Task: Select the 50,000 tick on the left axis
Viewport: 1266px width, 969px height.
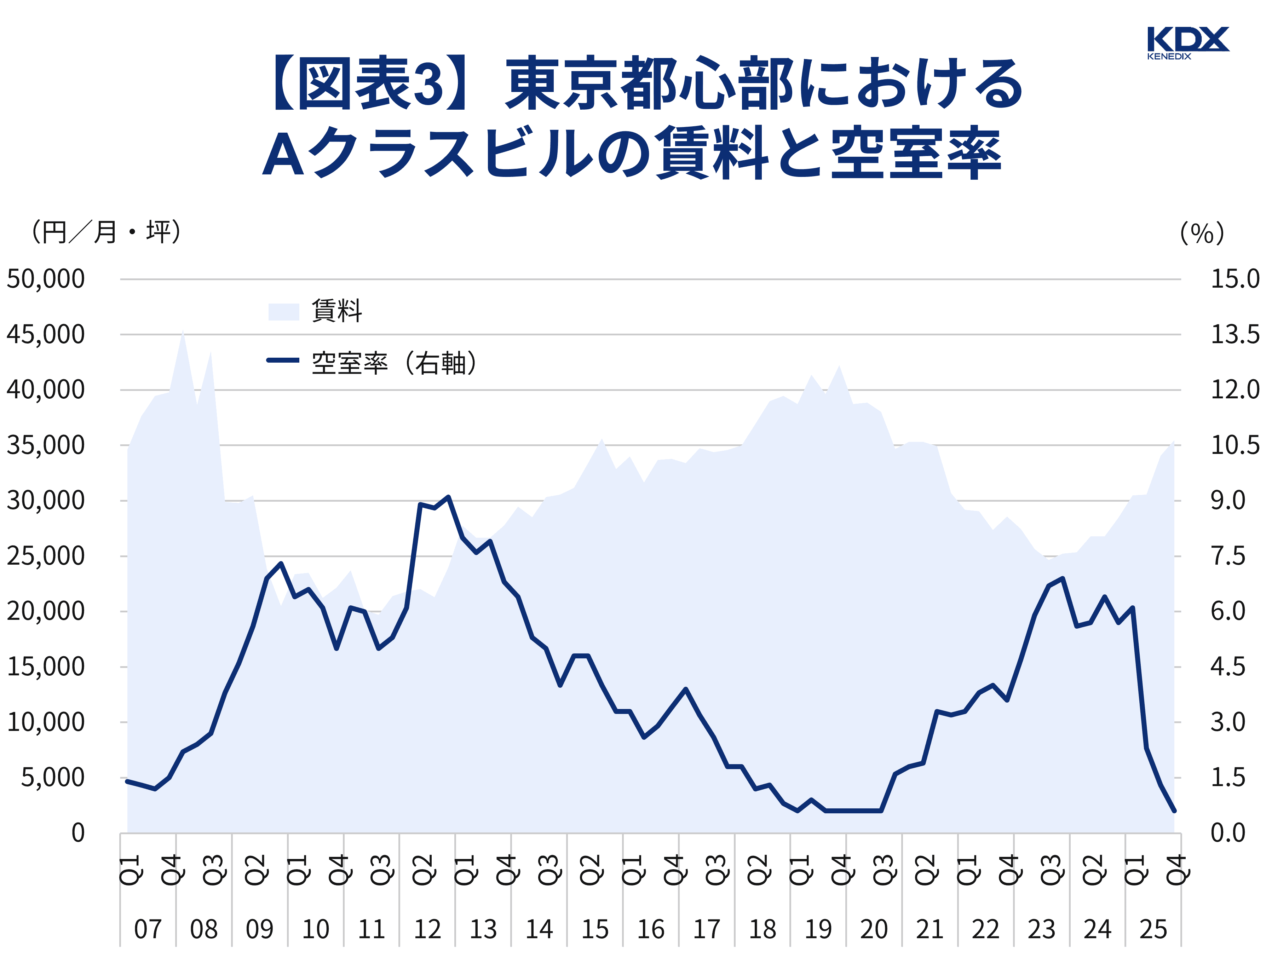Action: pos(46,279)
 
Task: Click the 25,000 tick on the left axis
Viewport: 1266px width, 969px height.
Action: pos(46,556)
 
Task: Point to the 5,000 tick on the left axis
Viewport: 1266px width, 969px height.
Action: pos(53,778)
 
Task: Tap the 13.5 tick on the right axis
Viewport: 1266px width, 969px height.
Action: pos(1234,335)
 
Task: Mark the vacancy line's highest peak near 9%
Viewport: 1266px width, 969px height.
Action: pos(448,497)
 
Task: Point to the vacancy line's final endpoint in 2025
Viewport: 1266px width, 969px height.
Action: pos(1174,811)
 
